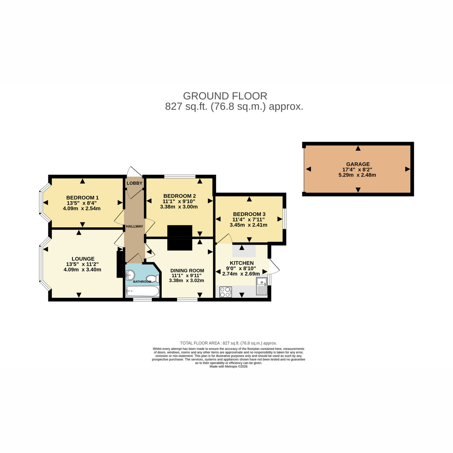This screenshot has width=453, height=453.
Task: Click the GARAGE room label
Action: pos(358,164)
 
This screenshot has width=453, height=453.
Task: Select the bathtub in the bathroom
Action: pos(142,291)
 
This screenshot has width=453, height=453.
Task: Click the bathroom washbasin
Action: pos(130,274)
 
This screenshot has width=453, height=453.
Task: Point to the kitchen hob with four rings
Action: pos(226,292)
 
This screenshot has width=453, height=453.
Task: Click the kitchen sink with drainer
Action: pos(262,286)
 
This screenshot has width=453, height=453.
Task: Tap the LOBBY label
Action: pos(134,183)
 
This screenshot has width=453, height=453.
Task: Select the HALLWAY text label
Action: pos(134,226)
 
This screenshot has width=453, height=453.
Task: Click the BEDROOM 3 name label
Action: pos(249,214)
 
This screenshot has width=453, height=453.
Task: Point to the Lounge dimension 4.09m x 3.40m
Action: pos(82,270)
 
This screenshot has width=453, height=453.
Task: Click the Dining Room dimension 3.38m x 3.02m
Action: pos(186,280)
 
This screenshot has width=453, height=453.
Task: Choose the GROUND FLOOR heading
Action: pos(225,96)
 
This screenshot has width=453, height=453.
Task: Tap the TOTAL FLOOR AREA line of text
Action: pos(228,343)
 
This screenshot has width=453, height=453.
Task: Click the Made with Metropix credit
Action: pos(228,366)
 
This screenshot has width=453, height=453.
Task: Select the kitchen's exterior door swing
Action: pos(274,266)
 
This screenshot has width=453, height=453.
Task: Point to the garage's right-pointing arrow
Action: pos(407,169)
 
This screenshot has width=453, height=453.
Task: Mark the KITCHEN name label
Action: pos(242,263)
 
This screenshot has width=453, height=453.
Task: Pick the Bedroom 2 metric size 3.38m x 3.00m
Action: pos(179,207)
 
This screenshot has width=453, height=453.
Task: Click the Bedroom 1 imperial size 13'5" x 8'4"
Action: pos(82,203)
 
